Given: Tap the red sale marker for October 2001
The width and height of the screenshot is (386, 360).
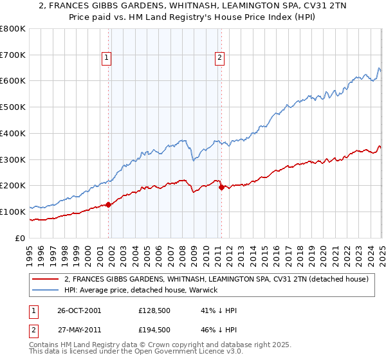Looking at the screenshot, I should coord(108,204).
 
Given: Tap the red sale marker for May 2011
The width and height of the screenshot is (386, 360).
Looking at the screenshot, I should coord(221,187).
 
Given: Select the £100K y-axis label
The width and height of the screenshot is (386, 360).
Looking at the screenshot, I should coord(13,212).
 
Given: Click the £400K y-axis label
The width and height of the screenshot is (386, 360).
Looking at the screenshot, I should coord(13,133).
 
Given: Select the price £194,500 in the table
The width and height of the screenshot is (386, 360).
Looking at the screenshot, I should coord(154,330).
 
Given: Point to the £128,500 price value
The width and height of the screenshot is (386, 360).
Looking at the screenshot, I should coord(154,310).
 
